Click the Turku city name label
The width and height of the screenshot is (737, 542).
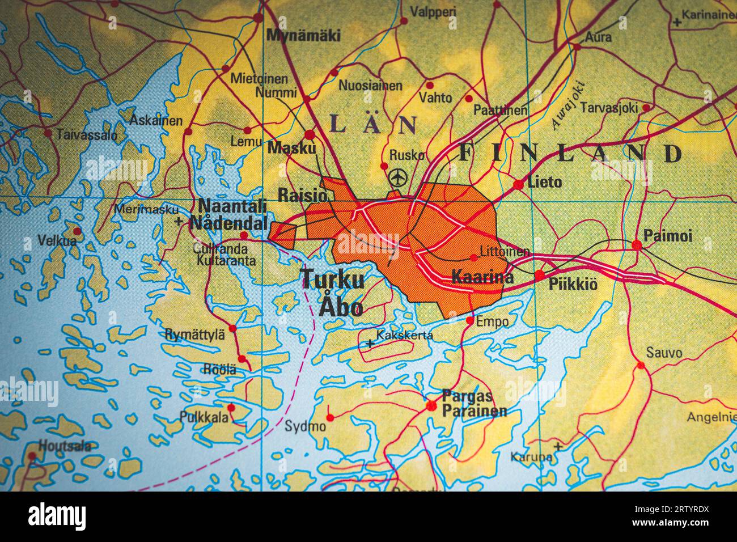(332, 280)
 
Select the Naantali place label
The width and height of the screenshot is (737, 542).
(232, 205)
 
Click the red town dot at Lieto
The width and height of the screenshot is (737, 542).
(518, 184)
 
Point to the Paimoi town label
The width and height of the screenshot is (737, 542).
(667, 235)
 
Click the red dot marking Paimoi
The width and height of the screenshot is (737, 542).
(637, 245)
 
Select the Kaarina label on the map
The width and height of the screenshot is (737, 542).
(482, 277)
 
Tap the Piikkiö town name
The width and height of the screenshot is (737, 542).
(573, 285)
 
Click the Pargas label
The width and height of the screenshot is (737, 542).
(467, 395)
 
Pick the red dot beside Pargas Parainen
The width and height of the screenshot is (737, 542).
(432, 405)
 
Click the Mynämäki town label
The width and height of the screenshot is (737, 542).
(303, 36)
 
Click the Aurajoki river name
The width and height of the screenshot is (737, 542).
(566, 107)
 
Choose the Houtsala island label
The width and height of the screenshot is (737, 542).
(65, 446)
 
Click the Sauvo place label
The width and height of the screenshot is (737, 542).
(664, 353)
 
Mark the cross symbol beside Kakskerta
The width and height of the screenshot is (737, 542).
(370, 344)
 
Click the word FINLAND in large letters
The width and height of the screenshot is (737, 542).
(570, 153)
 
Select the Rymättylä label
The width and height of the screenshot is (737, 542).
(194, 334)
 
